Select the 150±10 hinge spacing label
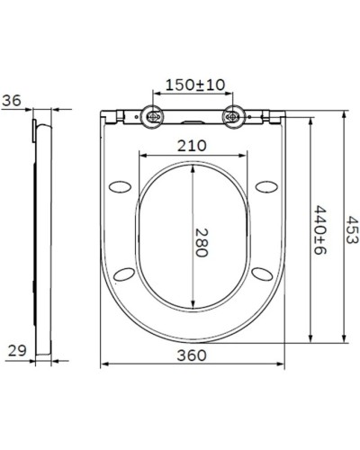point(194,85)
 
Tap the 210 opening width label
point(193,145)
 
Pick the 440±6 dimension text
point(319,230)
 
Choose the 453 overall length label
point(353,230)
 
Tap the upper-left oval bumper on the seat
point(120,185)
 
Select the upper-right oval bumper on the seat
point(265,185)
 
